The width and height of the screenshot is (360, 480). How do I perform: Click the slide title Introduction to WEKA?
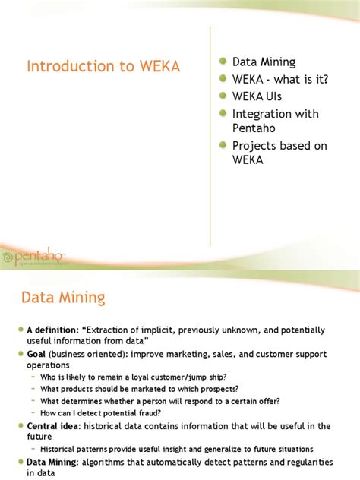coord(103,66)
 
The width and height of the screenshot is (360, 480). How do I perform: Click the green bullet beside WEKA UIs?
coord(223,96)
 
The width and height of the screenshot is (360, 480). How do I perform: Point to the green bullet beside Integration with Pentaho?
coord(223,114)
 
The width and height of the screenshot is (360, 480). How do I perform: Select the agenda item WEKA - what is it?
coord(280,79)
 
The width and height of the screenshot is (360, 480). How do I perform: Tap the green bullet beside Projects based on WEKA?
coord(223,145)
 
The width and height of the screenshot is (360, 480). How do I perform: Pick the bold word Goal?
coord(39,355)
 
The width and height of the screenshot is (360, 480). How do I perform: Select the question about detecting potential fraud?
coord(100,412)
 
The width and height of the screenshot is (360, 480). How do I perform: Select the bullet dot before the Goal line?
coord(21,355)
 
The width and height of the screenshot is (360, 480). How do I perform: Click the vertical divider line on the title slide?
coord(210,137)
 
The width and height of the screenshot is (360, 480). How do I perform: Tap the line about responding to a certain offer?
coord(159,401)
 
